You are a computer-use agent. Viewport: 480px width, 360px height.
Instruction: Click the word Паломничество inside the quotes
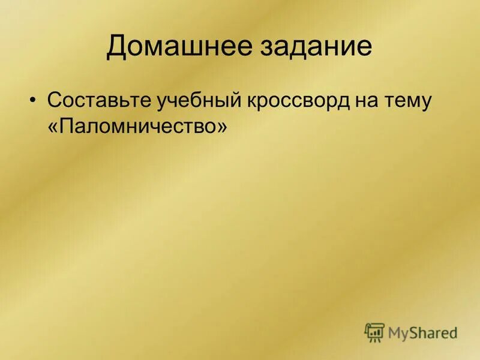[137, 127]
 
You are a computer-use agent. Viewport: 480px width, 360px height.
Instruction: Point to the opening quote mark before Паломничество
[53, 128]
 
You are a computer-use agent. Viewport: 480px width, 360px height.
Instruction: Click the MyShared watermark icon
[374, 332]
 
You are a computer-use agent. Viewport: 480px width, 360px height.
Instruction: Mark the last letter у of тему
[425, 103]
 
